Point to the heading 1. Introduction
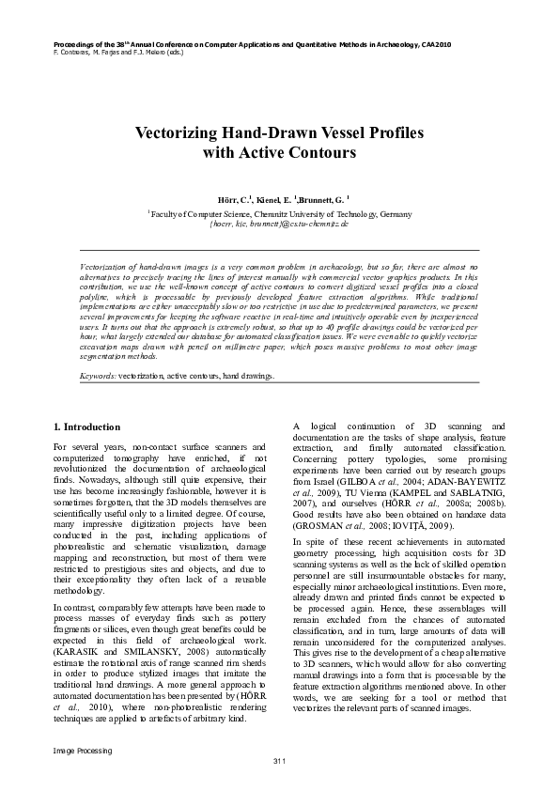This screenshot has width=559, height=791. click(85, 427)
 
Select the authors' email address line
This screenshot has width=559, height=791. click(279, 225)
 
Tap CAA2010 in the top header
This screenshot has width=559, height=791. click(434, 44)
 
